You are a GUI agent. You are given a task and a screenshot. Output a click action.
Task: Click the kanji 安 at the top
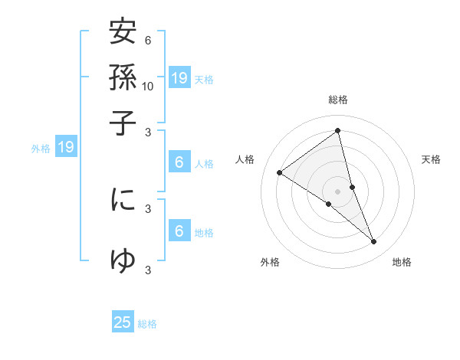click(x=123, y=34)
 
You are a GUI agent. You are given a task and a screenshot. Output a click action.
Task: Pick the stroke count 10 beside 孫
click(x=148, y=86)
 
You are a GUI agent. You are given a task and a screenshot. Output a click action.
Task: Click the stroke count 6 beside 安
click(x=148, y=40)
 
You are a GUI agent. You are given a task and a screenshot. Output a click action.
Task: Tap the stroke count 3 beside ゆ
click(x=148, y=270)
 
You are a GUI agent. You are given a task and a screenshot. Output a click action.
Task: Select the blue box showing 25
click(x=123, y=322)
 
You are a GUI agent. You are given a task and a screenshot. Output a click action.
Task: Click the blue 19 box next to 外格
click(x=66, y=147)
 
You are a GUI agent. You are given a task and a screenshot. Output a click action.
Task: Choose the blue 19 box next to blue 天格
click(x=179, y=77)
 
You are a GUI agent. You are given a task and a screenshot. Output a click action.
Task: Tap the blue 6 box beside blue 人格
click(x=179, y=162)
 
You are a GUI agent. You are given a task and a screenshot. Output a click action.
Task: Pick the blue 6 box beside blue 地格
click(x=179, y=231)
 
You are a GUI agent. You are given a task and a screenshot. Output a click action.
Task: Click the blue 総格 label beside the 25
click(x=147, y=324)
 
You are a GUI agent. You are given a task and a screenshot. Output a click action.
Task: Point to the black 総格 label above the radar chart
click(x=338, y=100)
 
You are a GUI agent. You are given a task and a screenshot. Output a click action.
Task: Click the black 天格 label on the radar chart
click(x=432, y=159)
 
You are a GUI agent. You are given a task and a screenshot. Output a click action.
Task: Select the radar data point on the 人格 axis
click(x=280, y=172)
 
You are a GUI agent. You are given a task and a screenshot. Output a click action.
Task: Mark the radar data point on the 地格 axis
click(x=374, y=241)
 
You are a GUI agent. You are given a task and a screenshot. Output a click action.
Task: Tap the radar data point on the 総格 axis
click(x=338, y=130)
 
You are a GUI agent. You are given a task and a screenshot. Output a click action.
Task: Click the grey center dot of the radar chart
click(x=338, y=191)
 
